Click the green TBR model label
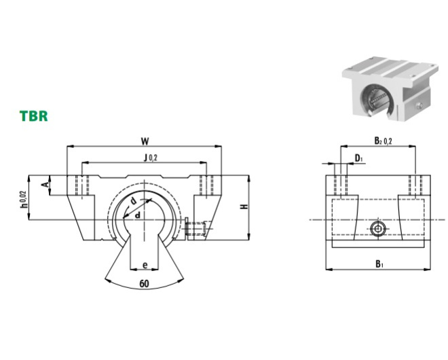coord(33,115)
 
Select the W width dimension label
coord(145,141)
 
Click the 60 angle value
coord(145,284)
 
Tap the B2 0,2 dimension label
coord(383,141)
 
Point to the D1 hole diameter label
coord(358,158)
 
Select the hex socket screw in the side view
coord(378,228)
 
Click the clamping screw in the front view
coord(195,227)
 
